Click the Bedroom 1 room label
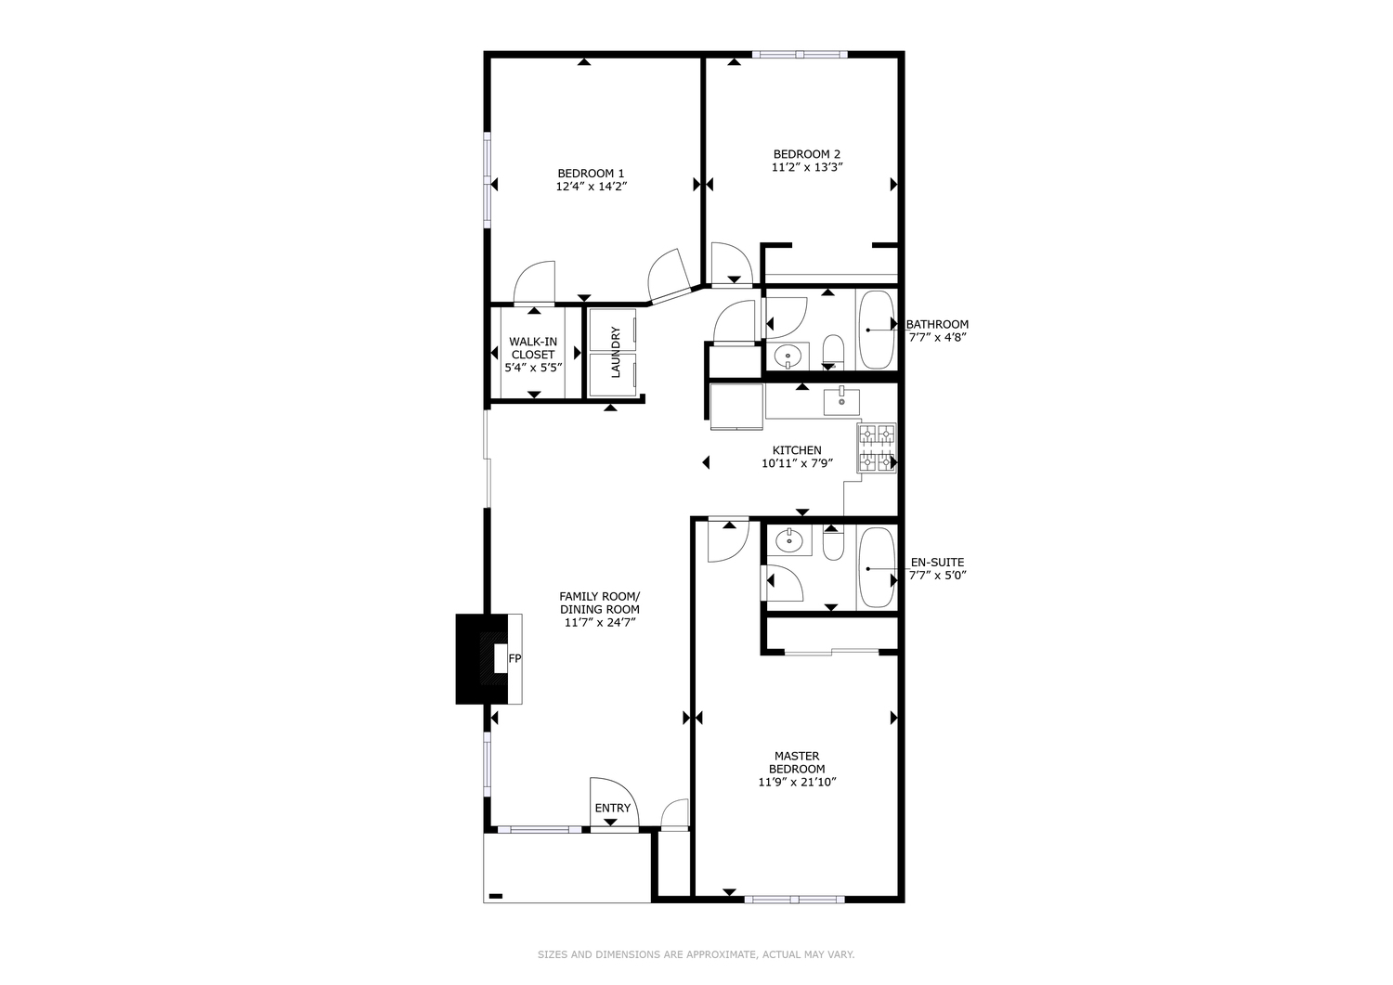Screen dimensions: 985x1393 (x=591, y=174)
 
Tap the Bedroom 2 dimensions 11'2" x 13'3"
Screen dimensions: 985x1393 (x=806, y=168)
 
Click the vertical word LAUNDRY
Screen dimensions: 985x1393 (x=615, y=352)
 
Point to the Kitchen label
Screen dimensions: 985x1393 (x=797, y=450)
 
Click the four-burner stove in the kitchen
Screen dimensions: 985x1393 (x=877, y=448)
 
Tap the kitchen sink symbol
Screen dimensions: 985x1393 (x=841, y=401)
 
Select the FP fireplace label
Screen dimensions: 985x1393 (x=514, y=658)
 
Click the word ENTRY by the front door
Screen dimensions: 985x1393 (x=613, y=809)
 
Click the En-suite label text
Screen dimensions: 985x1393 (x=937, y=563)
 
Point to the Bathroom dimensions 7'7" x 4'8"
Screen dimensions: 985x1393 (x=938, y=338)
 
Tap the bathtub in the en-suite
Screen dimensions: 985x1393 (x=876, y=568)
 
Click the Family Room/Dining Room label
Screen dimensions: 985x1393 (x=599, y=603)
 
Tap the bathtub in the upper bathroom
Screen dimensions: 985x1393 (x=876, y=330)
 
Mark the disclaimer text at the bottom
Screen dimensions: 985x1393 (x=696, y=954)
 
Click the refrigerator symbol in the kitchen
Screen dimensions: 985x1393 (x=736, y=407)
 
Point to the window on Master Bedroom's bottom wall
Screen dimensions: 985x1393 (x=794, y=899)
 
